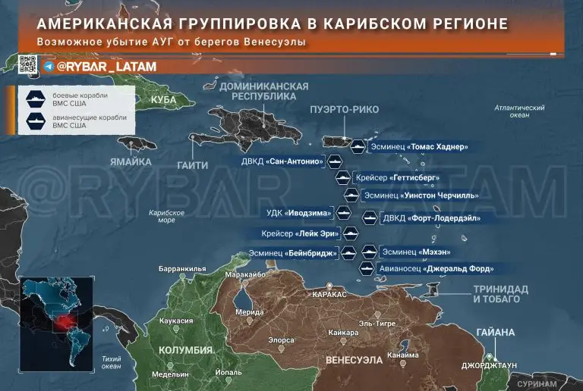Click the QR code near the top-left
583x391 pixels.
(28, 66)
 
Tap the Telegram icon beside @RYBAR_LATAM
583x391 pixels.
(49, 67)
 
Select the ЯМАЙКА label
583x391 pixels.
(131, 161)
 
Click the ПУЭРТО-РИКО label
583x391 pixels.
(339, 110)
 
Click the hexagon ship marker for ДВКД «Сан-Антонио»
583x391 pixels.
(336, 161)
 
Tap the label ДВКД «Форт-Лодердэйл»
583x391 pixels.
(430, 218)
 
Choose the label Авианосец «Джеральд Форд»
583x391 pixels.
(437, 269)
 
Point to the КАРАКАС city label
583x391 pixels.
(329, 294)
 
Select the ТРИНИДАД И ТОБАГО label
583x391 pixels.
(501, 294)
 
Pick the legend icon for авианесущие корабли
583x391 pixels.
(36, 121)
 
